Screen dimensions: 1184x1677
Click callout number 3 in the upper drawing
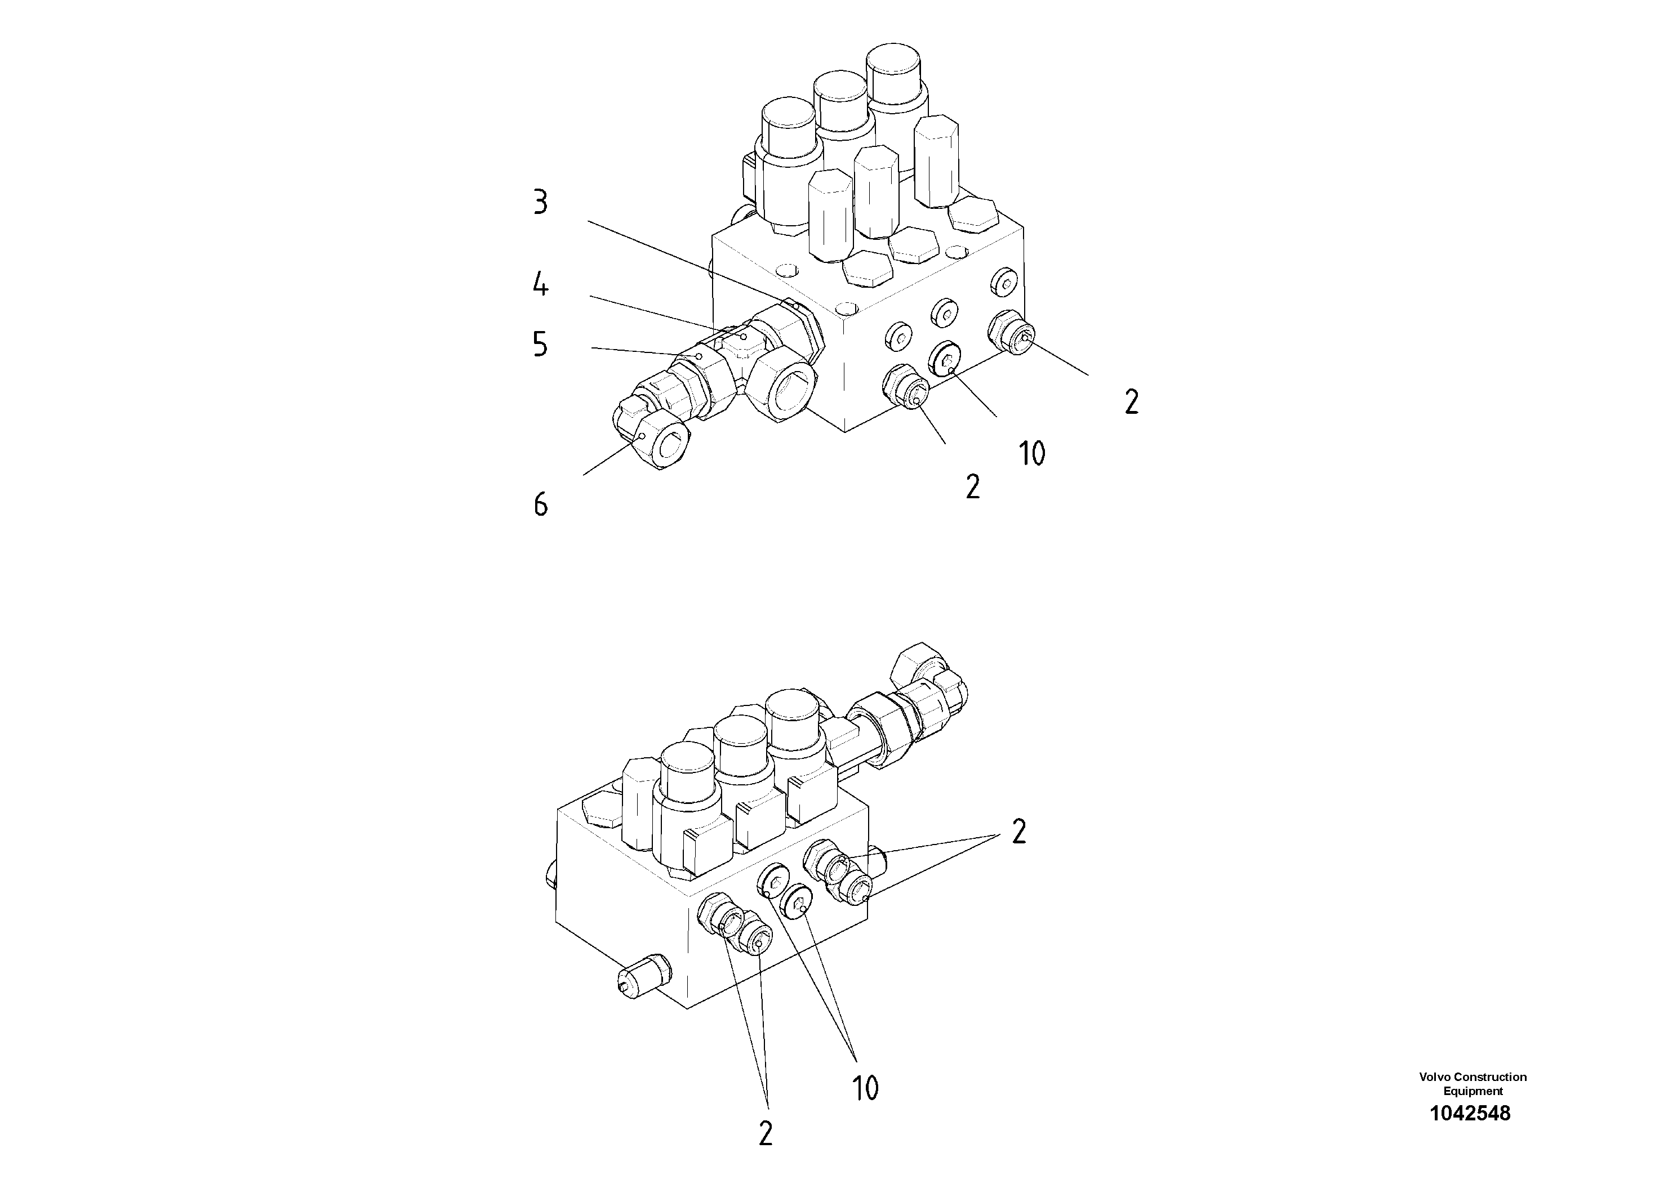click(x=540, y=202)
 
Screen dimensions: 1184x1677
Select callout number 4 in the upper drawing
click(x=540, y=284)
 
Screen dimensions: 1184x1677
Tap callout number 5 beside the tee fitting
click(x=540, y=344)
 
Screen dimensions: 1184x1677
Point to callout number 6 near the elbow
click(x=540, y=504)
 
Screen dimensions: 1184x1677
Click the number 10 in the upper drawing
click(x=1031, y=453)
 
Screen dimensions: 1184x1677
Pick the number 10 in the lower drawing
click(x=865, y=1088)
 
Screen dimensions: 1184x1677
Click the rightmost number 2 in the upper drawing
click(x=1131, y=402)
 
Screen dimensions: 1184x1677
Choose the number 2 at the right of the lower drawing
click(x=1019, y=832)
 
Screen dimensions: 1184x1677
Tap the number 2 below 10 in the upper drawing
click(x=972, y=487)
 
